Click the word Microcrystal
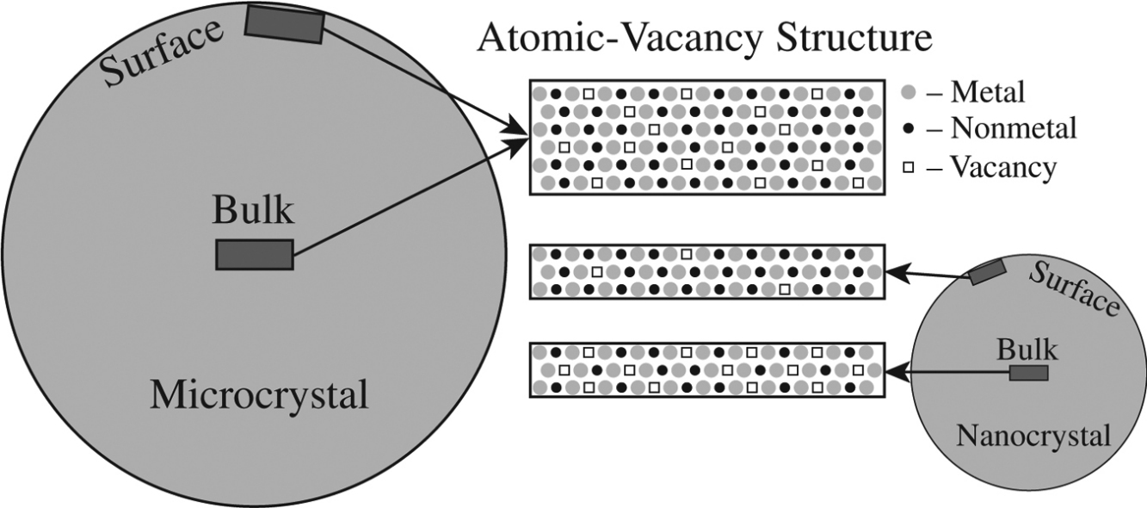click(259, 395)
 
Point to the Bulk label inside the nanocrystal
click(1028, 350)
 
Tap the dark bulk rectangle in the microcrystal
click(255, 255)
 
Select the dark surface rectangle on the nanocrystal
click(987, 273)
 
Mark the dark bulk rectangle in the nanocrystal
click(1028, 373)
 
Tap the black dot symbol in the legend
click(908, 128)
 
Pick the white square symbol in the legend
click(908, 167)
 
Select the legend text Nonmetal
click(1014, 128)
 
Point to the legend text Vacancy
click(1002, 167)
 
